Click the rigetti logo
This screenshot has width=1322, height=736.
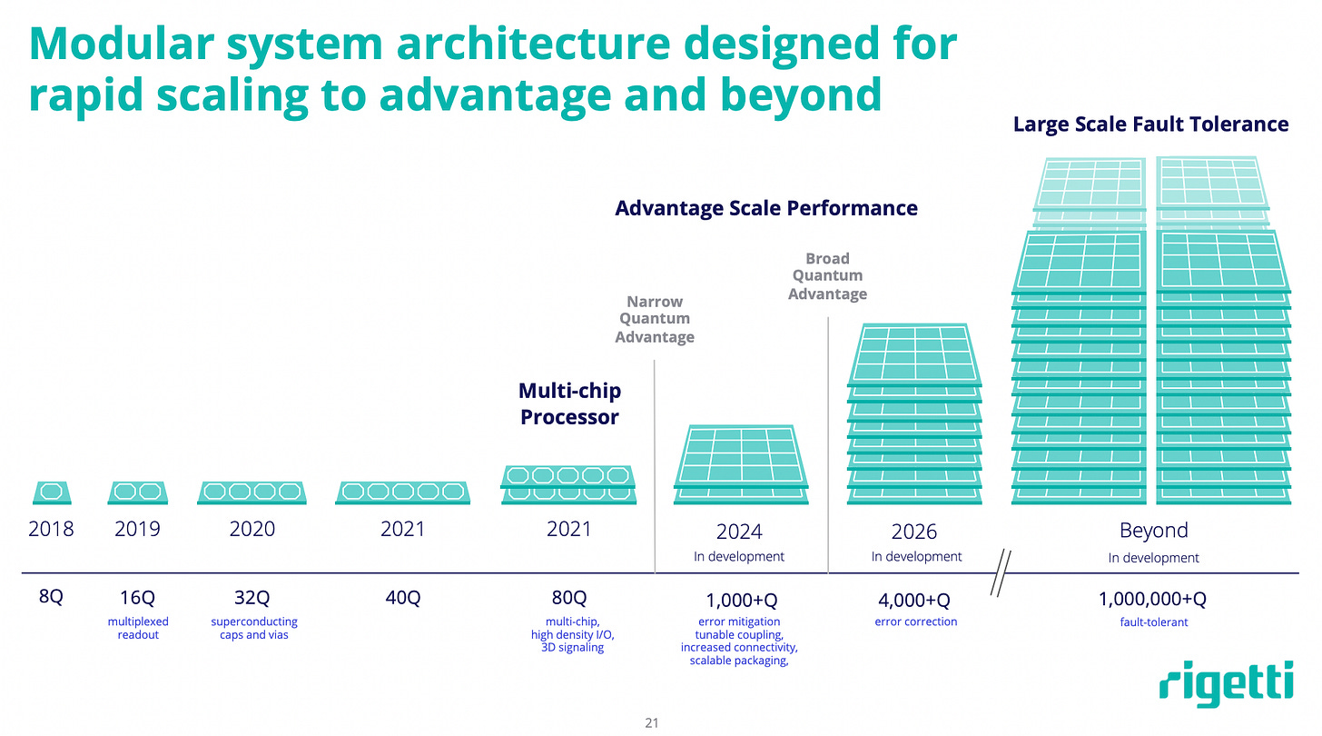[x=1226, y=682]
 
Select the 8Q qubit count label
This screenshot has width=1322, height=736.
[x=51, y=598]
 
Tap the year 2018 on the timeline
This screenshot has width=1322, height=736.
[x=51, y=528]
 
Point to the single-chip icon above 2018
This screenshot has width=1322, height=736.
[x=52, y=492]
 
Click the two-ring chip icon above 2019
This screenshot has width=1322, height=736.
[x=137, y=492]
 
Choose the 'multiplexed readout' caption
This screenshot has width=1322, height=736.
[x=138, y=628]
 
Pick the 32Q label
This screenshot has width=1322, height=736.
[x=252, y=598]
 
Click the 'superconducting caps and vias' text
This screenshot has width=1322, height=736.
[x=254, y=628]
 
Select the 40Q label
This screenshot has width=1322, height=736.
[x=402, y=598]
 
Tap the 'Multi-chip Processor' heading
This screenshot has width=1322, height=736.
[x=569, y=404]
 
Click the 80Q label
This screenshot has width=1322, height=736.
[x=569, y=598]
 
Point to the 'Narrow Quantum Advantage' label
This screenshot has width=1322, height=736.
[x=655, y=319]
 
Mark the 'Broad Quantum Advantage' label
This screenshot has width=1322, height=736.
[x=827, y=276]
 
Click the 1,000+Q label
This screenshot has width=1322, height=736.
[x=741, y=600]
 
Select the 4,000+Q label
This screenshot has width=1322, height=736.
[x=913, y=600]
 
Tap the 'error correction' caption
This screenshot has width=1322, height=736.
[x=915, y=622]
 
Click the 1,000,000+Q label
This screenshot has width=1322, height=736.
[x=1153, y=600]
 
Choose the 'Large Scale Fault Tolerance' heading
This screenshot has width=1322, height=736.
[x=1150, y=124]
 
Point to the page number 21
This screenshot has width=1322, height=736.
[x=650, y=723]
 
